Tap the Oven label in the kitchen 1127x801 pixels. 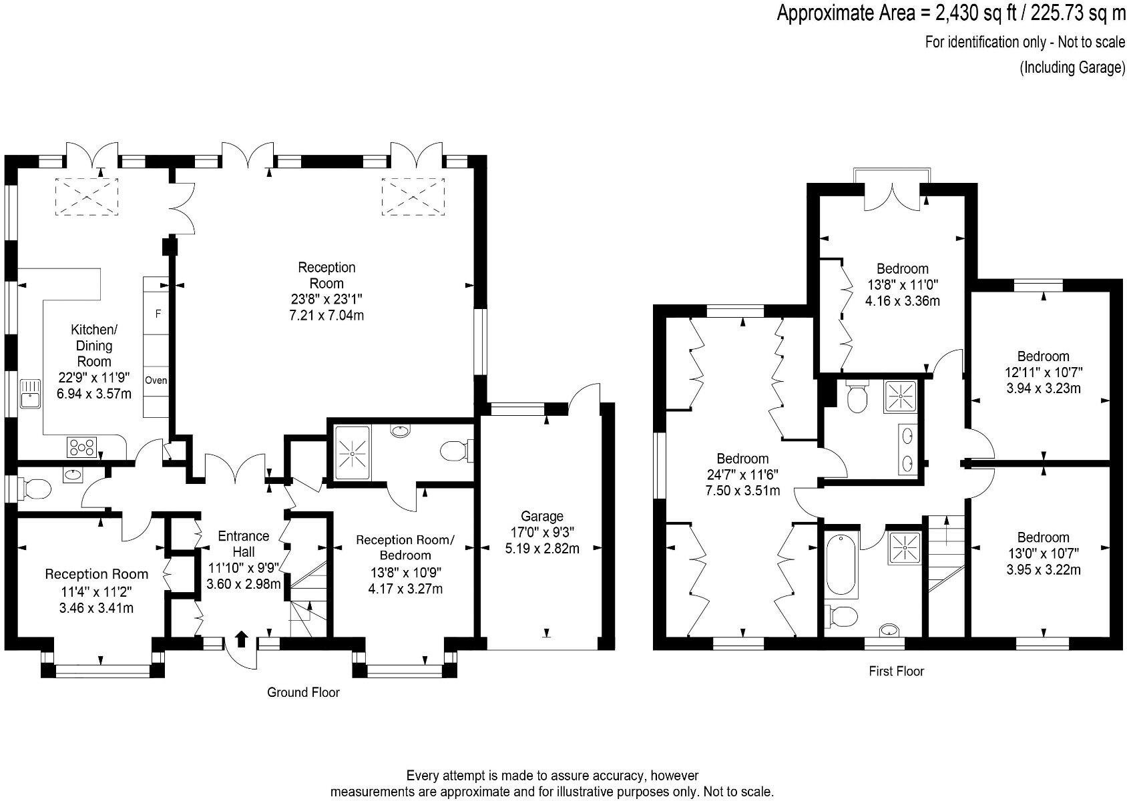pyautogui.click(x=158, y=380)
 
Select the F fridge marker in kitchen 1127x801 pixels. pyautogui.click(x=158, y=313)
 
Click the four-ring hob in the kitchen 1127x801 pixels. pyautogui.click(x=81, y=447)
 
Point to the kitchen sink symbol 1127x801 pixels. pyautogui.click(x=31, y=394)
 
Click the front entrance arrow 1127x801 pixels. pyautogui.click(x=242, y=639)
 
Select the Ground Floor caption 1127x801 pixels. pyautogui.click(x=303, y=692)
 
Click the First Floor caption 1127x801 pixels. pyautogui.click(x=896, y=671)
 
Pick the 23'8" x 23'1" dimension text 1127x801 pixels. pyautogui.click(x=326, y=299)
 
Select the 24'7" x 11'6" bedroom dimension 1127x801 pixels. pyautogui.click(x=742, y=475)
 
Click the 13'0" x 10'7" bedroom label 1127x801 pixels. pyautogui.click(x=1043, y=553)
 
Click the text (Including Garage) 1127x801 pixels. pyautogui.click(x=1072, y=67)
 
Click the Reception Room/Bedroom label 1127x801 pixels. pyautogui.click(x=405, y=547)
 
